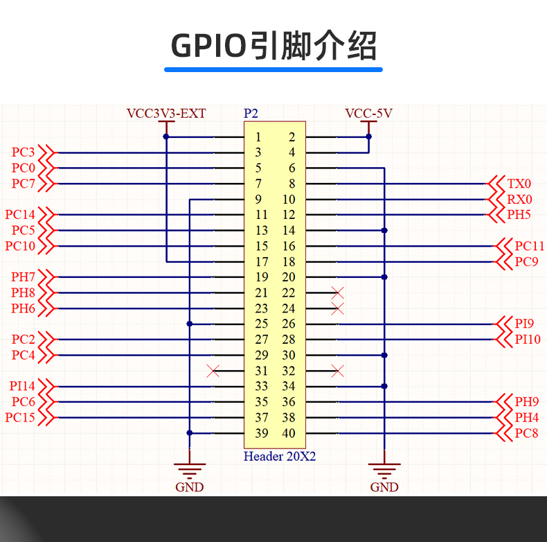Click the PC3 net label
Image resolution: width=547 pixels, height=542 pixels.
(x=23, y=152)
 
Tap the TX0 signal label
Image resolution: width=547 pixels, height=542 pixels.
(x=519, y=184)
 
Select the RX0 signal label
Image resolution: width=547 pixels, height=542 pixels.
(x=519, y=200)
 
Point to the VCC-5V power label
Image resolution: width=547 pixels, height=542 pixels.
(x=368, y=113)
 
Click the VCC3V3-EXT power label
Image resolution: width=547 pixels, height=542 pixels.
(x=166, y=113)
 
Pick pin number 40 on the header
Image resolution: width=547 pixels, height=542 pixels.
(x=288, y=434)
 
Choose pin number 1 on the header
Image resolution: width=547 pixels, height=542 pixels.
(x=258, y=137)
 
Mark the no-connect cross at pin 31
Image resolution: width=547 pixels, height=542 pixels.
(x=213, y=371)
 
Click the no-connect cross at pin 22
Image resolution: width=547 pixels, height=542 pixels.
(x=338, y=292)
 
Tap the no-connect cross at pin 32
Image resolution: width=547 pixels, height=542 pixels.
(x=338, y=371)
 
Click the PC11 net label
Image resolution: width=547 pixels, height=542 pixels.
(x=529, y=246)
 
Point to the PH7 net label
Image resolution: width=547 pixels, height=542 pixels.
(x=23, y=277)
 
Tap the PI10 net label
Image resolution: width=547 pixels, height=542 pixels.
(x=528, y=340)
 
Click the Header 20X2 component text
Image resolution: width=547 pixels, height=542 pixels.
(x=279, y=457)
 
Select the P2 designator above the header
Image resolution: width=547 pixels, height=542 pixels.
(x=251, y=113)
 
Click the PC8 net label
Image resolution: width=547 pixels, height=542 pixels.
(x=526, y=434)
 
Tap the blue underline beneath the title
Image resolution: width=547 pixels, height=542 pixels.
(x=273, y=69)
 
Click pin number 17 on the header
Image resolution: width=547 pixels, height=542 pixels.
(x=261, y=262)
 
